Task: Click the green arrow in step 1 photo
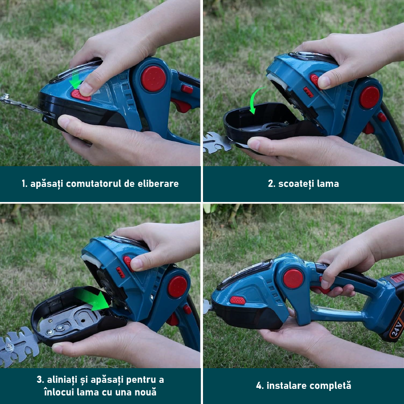[x=75, y=81]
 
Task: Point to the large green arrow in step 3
[x=92, y=299]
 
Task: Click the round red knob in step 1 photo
[x=154, y=79]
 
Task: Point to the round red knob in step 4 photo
[x=293, y=279]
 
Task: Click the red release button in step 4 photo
[x=237, y=300]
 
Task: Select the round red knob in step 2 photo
[x=370, y=97]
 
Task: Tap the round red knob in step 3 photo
[x=177, y=287]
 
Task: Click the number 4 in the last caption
[x=259, y=386]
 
